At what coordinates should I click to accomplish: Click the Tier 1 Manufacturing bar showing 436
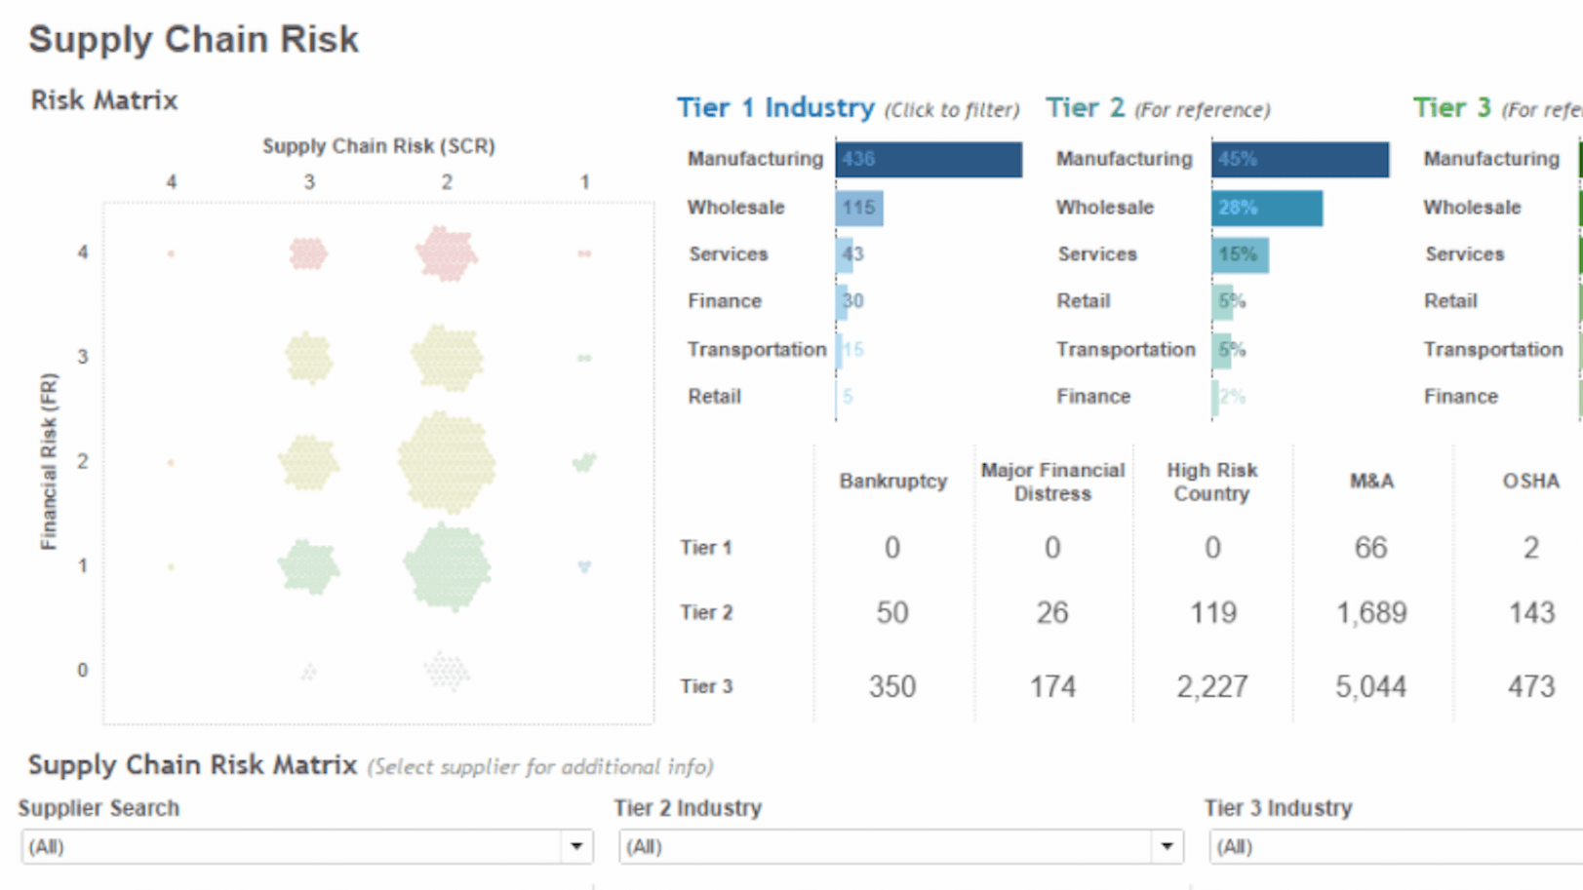(928, 160)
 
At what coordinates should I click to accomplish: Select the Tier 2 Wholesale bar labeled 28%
(1266, 208)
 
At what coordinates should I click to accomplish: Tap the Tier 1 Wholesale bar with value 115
(858, 208)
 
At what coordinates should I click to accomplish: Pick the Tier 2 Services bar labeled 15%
(1239, 254)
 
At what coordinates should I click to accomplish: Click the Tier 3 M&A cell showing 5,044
(1370, 686)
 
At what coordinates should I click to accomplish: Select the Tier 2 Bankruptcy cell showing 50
(891, 612)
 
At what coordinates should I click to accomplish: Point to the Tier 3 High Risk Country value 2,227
(1211, 686)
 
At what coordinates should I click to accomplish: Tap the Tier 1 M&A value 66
(1370, 548)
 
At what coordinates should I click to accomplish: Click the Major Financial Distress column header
(1052, 482)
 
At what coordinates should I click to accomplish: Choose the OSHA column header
(1529, 481)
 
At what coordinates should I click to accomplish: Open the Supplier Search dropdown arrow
(576, 846)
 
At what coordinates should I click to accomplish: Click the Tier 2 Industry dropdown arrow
(1167, 846)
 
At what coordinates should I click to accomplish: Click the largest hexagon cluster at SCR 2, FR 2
(447, 462)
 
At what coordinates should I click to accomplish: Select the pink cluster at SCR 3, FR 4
(308, 253)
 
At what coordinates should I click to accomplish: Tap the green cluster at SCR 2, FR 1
(447, 566)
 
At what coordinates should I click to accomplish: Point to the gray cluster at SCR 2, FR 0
(447, 671)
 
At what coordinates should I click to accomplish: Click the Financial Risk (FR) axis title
(49, 461)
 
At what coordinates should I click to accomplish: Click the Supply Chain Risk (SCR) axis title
(378, 146)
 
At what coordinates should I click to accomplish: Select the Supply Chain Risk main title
(193, 39)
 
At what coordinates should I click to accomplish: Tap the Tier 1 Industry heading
(775, 107)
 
